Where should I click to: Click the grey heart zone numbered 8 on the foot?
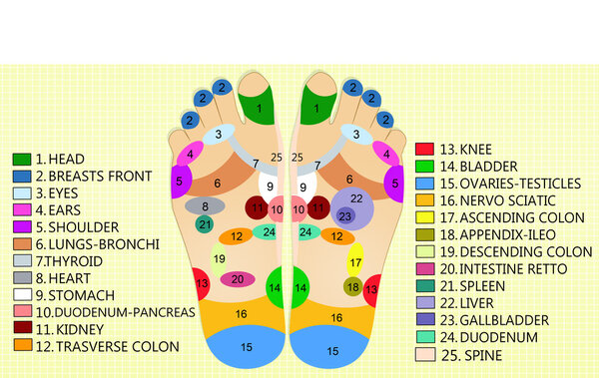click(205, 206)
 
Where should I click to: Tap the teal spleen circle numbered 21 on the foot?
click(205, 224)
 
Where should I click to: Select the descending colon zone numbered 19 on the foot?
click(219, 262)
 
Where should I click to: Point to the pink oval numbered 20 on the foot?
click(237, 279)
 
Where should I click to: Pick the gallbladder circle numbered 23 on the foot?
click(345, 215)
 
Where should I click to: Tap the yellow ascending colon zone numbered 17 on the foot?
click(355, 262)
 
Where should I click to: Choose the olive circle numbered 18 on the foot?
click(353, 287)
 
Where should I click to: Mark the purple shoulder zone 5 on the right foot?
click(396, 183)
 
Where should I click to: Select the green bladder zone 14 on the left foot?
click(275, 287)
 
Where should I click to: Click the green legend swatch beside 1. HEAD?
click(22, 159)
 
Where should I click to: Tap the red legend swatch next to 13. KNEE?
click(424, 150)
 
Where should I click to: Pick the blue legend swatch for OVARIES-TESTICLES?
click(424, 184)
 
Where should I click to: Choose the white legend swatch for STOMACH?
click(22, 295)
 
